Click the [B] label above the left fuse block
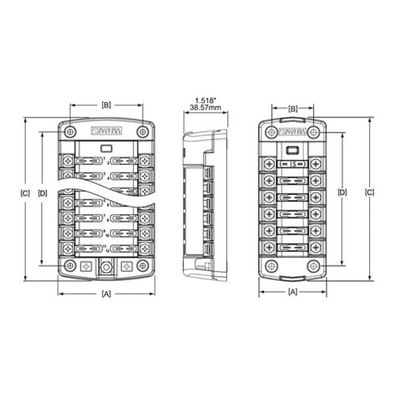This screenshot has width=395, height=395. tap(106, 105)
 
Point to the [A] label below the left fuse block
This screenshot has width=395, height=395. tap(106, 294)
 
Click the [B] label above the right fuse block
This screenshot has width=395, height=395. tap(294, 108)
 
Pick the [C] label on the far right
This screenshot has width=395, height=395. tap(369, 193)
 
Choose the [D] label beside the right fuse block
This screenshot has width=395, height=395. tap(342, 193)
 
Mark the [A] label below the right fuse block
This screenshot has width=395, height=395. tap(294, 290)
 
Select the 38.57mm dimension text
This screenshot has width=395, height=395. tap(204, 107)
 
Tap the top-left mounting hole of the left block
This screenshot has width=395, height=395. tap(70, 132)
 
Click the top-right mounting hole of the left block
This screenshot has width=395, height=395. tap(142, 132)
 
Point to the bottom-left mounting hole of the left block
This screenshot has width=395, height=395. tap(70, 266)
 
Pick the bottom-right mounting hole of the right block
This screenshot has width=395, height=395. tap(314, 267)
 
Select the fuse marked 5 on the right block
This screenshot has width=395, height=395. tap(294, 163)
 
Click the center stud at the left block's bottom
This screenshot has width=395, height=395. tap(106, 268)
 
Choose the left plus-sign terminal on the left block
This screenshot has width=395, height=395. tap(86, 267)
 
